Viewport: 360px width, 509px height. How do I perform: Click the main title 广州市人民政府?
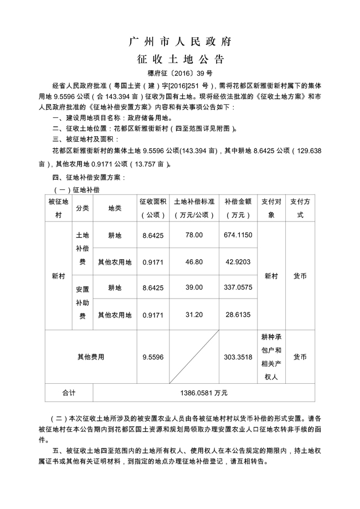click(x=180, y=42)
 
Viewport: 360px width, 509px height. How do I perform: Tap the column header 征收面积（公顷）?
click(x=153, y=208)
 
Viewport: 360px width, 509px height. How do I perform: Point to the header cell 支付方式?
click(x=300, y=208)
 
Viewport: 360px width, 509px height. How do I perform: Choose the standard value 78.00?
click(x=194, y=235)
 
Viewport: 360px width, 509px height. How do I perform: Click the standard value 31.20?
click(x=194, y=315)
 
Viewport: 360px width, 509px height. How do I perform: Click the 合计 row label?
click(x=69, y=393)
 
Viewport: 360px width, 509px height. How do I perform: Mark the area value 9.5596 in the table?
click(x=153, y=357)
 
